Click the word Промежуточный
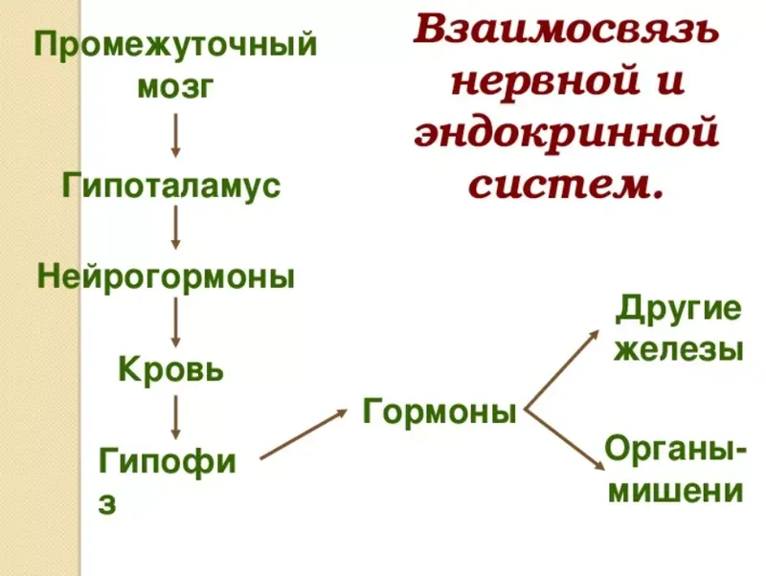pos(175,45)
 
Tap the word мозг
pos(175,88)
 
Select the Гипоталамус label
pos(171,186)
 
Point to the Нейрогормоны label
pos(166,277)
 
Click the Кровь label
pos(171,368)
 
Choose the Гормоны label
pos(439,411)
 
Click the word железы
pos(679,349)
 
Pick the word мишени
pos(676,491)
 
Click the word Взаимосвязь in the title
pos(566,31)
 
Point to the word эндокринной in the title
pos(566,132)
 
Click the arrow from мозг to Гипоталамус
pos(176,135)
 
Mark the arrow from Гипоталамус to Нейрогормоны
pos(176,227)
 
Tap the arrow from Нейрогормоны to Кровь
pos(176,322)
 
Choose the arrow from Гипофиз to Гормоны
pos(304,434)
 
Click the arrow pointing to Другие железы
pos(561,370)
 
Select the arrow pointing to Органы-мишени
pos(564,441)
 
